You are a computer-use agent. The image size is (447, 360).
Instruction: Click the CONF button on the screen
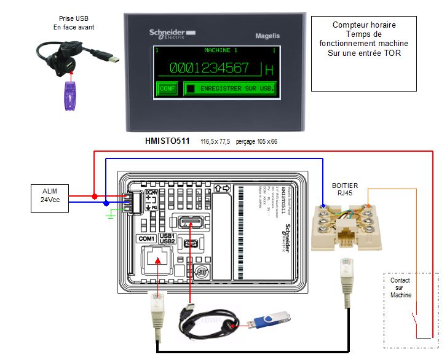tap(167, 88)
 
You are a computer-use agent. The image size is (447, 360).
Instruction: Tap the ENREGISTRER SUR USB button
tap(230, 88)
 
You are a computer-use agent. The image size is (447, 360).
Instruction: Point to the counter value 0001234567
tap(209, 68)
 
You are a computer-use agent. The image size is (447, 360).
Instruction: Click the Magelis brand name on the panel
tap(267, 36)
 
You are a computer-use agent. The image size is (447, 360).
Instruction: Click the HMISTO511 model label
tap(168, 141)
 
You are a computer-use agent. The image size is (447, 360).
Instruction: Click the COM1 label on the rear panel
tap(146, 238)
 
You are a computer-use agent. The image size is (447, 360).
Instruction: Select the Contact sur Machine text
tap(400, 288)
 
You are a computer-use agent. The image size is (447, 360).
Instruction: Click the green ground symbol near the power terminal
tap(111, 214)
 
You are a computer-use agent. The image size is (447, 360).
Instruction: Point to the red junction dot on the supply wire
tap(94, 197)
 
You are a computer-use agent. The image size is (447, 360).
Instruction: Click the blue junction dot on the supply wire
tap(106, 203)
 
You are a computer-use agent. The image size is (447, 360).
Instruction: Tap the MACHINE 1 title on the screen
tap(220, 50)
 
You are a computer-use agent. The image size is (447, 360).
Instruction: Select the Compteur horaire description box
tap(363, 39)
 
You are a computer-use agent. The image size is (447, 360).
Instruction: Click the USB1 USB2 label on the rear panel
tap(168, 238)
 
